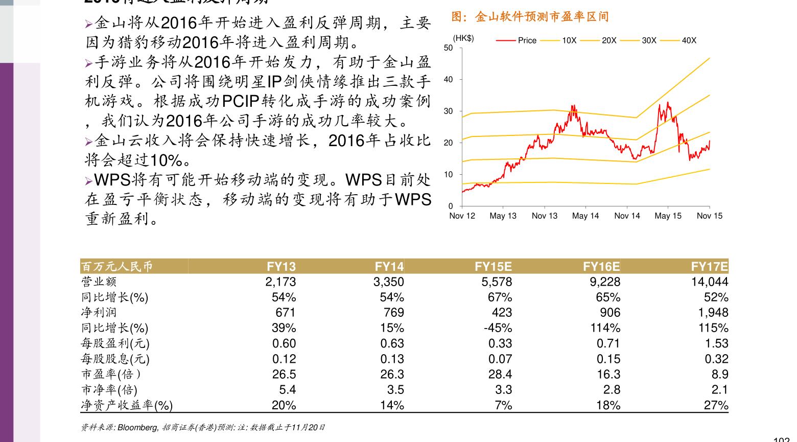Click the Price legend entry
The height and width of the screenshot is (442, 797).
click(527, 40)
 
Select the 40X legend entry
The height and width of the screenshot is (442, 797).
click(689, 40)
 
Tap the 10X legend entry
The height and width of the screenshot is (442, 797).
click(569, 40)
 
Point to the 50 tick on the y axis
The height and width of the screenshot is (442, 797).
click(448, 48)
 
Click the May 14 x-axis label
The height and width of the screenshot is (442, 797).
click(585, 216)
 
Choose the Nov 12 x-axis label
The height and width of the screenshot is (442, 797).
click(462, 216)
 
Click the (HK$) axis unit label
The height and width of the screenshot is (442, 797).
click(463, 38)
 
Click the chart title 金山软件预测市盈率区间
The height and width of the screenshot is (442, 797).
click(530, 17)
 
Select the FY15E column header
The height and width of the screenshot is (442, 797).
click(493, 266)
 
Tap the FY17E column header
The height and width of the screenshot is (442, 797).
click(709, 266)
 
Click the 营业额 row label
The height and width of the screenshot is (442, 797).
click(99, 282)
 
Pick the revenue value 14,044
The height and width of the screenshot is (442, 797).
click(710, 282)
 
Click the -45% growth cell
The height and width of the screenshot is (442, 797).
click(498, 328)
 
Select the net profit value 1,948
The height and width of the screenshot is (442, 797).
click(713, 312)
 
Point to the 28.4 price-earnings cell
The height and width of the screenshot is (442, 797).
click(500, 374)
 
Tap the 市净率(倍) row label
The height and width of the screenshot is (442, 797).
click(109, 390)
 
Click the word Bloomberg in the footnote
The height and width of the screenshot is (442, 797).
click(138, 428)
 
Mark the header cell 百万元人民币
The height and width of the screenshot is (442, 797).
click(117, 266)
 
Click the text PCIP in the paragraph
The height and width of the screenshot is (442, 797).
click(241, 101)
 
